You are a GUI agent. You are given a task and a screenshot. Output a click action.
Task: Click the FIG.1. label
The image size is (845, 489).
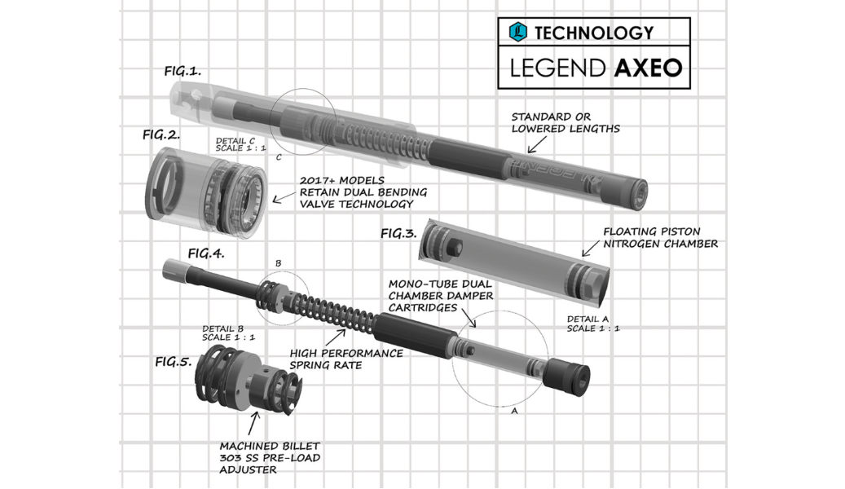coord(183,71)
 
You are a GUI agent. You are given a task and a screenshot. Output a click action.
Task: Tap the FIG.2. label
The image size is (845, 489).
coord(161,134)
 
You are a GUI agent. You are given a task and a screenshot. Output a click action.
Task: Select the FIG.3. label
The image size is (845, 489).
coord(398,233)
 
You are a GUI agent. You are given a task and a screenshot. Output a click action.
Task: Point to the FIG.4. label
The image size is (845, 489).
coord(206,253)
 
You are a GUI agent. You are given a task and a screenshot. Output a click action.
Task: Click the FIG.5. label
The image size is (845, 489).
coord(174,362)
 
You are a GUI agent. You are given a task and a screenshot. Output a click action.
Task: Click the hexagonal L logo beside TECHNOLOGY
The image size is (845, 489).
coord(518,32)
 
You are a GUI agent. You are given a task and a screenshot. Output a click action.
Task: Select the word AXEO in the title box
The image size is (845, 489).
coord(649,68)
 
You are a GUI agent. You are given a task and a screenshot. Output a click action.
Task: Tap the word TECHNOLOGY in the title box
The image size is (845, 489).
coord(594,33)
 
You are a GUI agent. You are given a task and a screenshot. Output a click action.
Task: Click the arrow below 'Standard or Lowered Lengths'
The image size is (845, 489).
coord(537,144)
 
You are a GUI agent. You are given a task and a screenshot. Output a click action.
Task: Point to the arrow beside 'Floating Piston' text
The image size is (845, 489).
coord(591,249)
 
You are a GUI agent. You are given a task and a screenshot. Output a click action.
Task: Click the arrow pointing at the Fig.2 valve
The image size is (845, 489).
coord(285,197)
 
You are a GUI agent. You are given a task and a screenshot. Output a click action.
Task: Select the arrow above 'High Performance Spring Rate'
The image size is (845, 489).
coord(335,337)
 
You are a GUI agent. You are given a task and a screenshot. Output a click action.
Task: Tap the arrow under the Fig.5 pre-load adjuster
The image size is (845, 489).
coord(253,423)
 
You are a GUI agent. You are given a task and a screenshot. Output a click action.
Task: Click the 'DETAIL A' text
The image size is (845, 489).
coord(588,319)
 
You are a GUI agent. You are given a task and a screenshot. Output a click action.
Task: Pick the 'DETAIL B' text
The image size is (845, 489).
coord(223,328)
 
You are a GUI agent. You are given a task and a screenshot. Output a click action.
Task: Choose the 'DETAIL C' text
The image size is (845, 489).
coord(235,141)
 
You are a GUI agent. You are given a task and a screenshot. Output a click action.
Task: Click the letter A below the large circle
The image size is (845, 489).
coord(515,411)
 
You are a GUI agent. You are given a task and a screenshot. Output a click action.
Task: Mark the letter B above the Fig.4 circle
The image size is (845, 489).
coord(278,263)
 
